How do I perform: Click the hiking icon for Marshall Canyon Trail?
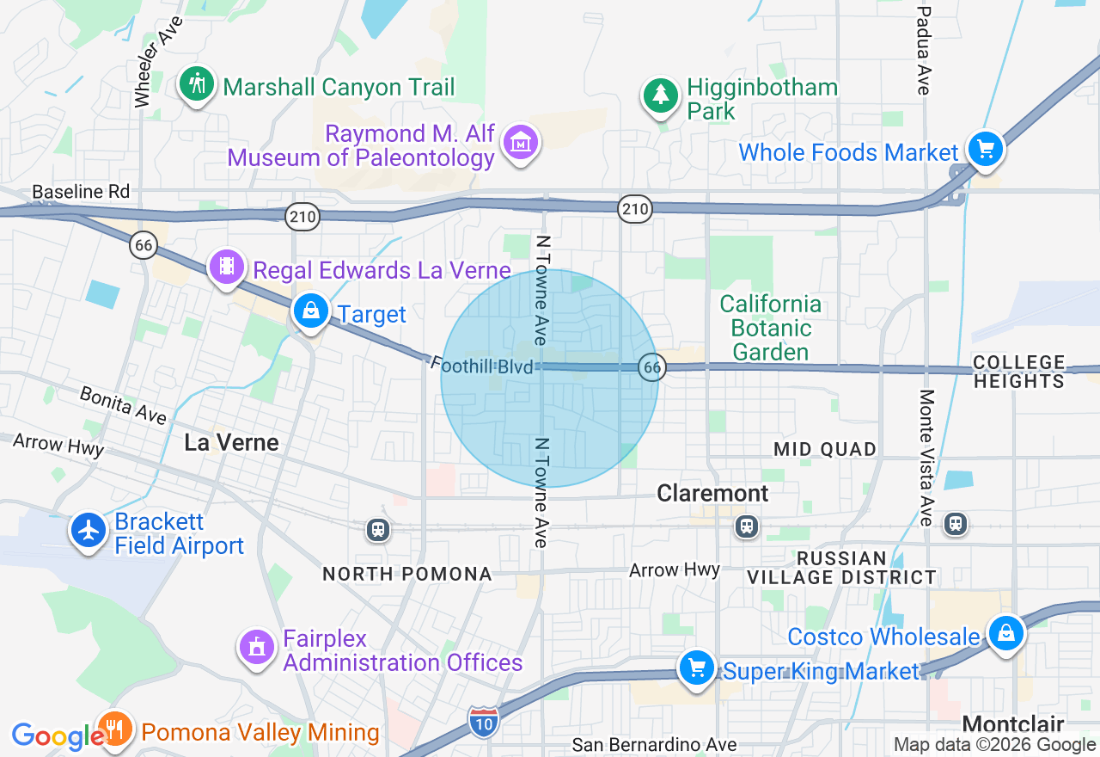pos(197,84)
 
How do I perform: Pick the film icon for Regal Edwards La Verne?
pos(227,266)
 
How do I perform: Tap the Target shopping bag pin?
pos(311,311)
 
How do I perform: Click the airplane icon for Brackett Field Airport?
pos(89,530)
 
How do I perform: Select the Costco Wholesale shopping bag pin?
pos(1005,634)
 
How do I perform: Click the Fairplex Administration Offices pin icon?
pos(256,646)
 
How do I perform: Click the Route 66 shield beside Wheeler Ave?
pos(144,245)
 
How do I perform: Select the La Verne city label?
pos(232,443)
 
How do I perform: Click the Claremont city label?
pos(712,493)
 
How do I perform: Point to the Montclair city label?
pos(1013,724)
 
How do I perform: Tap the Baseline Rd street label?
pos(81,192)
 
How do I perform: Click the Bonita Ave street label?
pos(123,404)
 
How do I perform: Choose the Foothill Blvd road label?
pos(481,366)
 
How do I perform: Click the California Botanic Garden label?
pos(770,328)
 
